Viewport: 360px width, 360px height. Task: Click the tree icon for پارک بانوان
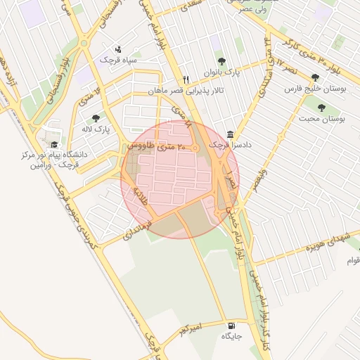(222, 62)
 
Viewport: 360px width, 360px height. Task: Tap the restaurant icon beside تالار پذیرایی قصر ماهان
(186, 79)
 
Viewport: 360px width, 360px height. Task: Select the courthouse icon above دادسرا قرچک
(231, 134)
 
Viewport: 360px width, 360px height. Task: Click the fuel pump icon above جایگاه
(231, 326)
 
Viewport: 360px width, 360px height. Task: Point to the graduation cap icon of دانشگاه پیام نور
(54, 144)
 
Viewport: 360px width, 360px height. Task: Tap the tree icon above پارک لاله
(96, 118)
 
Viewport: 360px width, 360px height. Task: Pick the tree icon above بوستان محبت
(321, 108)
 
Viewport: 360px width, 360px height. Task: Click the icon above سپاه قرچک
(117, 50)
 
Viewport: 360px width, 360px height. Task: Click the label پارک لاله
(103, 129)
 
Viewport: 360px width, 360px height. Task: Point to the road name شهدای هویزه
(307, 248)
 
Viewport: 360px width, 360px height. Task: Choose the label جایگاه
(232, 337)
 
